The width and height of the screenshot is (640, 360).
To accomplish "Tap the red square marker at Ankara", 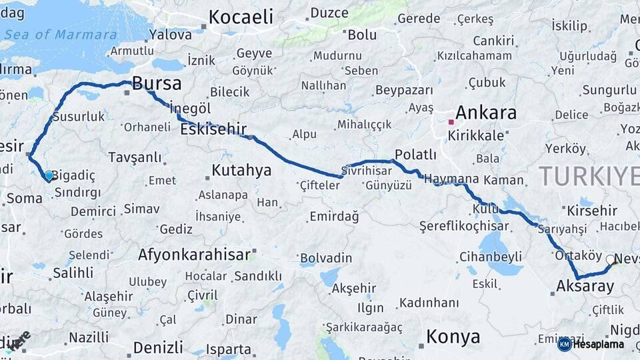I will pyautogui.click(x=451, y=122).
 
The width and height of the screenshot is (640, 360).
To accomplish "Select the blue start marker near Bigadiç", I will pyautogui.click(x=49, y=176).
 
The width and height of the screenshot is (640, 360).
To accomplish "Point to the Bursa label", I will pyautogui.click(x=157, y=83).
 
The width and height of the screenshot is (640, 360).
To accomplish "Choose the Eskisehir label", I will pyautogui.click(x=213, y=129).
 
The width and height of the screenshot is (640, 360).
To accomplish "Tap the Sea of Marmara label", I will pyautogui.click(x=74, y=35).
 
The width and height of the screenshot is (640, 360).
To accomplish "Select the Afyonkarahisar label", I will pyautogui.click(x=194, y=254).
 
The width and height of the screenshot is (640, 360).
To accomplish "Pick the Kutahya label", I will pyautogui.click(x=241, y=171).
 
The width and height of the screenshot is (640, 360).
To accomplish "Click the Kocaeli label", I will pyautogui.click(x=241, y=17).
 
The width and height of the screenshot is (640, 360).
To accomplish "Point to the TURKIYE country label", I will pyautogui.click(x=587, y=176).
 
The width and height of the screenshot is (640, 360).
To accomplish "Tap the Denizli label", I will pyautogui.click(x=158, y=347).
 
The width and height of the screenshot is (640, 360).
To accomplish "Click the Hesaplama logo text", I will pyautogui.click(x=599, y=344).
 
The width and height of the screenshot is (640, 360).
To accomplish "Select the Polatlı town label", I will pyautogui.click(x=415, y=155).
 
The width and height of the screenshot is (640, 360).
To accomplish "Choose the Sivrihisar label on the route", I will pyautogui.click(x=366, y=170).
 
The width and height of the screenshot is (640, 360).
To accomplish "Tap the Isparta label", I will pyautogui.click(x=228, y=349).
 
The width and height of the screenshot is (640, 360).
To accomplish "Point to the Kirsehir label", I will pyautogui.click(x=591, y=211).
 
